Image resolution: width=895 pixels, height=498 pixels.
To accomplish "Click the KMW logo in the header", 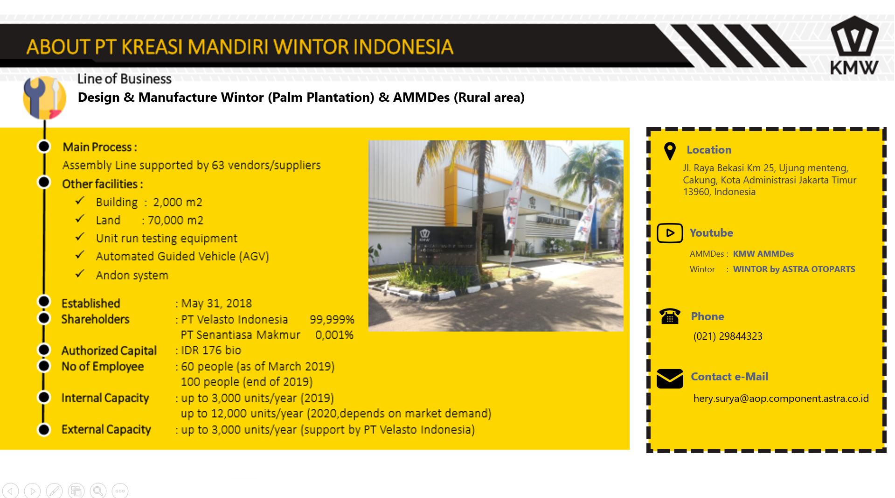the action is [x=854, y=45].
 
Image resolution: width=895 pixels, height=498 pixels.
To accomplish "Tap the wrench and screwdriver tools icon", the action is [x=44, y=98].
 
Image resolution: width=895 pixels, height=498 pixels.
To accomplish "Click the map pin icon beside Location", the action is [x=670, y=151].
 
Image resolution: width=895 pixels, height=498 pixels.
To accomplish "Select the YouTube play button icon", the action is [x=670, y=233].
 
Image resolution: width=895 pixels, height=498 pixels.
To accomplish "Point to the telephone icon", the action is [x=670, y=316].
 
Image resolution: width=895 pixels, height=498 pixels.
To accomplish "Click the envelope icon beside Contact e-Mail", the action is [x=670, y=379].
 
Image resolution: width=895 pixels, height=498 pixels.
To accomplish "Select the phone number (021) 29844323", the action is [x=728, y=336].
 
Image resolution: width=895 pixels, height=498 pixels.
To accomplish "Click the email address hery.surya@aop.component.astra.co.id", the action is [x=781, y=398].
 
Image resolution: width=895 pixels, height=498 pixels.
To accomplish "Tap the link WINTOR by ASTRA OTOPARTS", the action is [x=794, y=269].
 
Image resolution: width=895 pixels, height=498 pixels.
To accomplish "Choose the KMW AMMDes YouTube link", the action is [x=763, y=254].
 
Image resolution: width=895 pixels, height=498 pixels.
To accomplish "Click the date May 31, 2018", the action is [x=216, y=303].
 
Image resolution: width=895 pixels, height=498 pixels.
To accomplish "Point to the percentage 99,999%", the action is [x=332, y=320].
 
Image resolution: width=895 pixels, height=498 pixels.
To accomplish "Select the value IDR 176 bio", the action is [x=211, y=350].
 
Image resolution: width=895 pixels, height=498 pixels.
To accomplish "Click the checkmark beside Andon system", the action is [x=80, y=274].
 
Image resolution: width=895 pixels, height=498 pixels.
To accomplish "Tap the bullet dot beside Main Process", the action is [x=44, y=147].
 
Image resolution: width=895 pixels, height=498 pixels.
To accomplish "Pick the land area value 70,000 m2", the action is [x=175, y=220].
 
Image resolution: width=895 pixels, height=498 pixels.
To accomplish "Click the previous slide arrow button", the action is [x=10, y=491].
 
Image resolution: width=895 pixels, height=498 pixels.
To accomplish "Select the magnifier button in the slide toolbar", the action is [x=98, y=491].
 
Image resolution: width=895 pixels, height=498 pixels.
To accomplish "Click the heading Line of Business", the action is [x=125, y=79].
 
